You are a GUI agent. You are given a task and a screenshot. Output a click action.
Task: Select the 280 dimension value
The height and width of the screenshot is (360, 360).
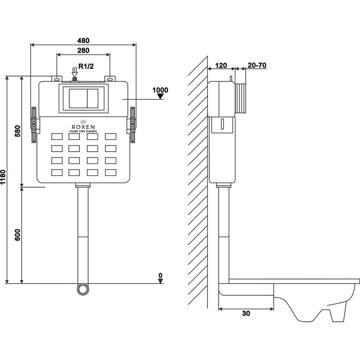(x=83, y=50)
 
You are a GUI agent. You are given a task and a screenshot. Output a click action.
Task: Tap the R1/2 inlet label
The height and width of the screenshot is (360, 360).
(x=87, y=67)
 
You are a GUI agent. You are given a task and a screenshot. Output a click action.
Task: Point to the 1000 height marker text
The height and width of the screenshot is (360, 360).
(x=160, y=89)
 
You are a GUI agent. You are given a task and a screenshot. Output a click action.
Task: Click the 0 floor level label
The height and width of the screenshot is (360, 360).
(x=160, y=275)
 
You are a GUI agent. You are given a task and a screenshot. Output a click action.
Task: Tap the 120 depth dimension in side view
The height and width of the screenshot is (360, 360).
(x=221, y=65)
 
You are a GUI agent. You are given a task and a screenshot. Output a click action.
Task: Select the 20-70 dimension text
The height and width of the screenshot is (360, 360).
(x=257, y=65)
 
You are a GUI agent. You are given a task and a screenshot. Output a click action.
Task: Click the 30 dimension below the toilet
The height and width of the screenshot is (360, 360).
(x=246, y=313)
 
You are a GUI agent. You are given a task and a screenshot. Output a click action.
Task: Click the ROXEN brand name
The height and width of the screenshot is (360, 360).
(x=83, y=126)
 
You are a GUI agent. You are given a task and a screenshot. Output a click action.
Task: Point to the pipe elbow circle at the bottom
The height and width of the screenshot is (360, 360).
(x=83, y=288)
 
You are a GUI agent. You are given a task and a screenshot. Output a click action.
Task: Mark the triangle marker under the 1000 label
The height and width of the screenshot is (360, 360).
(x=160, y=95)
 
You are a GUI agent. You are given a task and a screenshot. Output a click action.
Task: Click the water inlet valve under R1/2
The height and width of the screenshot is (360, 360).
(x=75, y=80)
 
